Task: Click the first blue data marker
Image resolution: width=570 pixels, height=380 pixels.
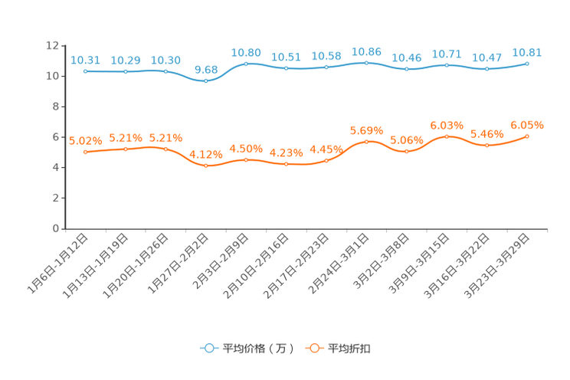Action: (x=86, y=71)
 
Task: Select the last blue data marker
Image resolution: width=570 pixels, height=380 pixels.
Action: (x=527, y=64)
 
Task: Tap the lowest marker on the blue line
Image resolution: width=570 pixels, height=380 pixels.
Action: (x=205, y=80)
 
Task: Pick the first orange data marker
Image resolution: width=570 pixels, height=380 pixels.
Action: (x=85, y=152)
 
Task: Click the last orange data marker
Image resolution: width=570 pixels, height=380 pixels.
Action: (x=527, y=136)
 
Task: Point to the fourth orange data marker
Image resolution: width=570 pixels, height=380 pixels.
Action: (x=205, y=165)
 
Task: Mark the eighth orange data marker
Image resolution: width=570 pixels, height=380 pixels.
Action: (x=367, y=142)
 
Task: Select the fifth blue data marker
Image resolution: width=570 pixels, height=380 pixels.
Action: (x=246, y=64)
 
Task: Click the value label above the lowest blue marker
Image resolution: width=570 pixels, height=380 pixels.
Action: (x=205, y=69)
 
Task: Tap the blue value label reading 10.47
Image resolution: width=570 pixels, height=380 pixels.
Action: (x=486, y=57)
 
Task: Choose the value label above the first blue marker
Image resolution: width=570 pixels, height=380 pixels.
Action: (x=85, y=60)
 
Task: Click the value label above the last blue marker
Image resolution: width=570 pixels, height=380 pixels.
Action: (x=527, y=52)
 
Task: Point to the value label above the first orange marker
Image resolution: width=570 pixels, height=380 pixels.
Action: (x=85, y=140)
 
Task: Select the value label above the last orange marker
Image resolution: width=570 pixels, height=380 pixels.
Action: (x=527, y=124)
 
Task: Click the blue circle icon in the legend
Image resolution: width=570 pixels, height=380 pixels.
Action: (x=208, y=348)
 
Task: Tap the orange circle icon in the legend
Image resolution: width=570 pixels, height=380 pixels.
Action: (x=313, y=348)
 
